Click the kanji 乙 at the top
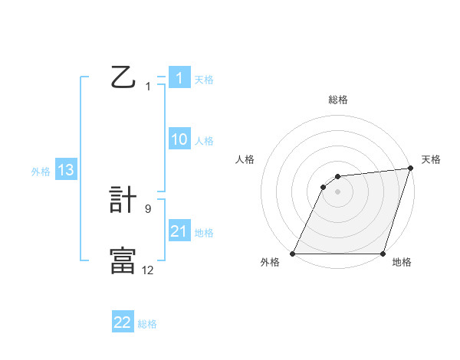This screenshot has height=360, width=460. (x=123, y=78)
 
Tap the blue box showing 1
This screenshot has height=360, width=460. (x=179, y=78)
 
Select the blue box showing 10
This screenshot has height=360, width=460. (x=179, y=139)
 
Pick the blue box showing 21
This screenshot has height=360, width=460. (x=179, y=231)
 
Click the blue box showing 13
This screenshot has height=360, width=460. (x=66, y=170)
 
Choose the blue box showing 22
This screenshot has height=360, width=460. (x=123, y=322)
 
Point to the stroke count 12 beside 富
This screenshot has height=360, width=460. (x=148, y=269)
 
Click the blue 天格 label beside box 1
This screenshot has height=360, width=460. (x=204, y=80)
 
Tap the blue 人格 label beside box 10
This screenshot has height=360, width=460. (x=204, y=141)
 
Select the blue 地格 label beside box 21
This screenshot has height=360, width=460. (x=204, y=233)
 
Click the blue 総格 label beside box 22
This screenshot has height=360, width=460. (x=147, y=324)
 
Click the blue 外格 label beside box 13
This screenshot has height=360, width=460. (x=41, y=172)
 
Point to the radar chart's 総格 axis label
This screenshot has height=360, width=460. (x=337, y=100)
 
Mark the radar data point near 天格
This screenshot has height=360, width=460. (x=411, y=169)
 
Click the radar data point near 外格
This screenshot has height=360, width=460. (x=293, y=254)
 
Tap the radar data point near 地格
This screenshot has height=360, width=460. (x=383, y=254)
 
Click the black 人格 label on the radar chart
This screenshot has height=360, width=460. (x=245, y=159)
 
